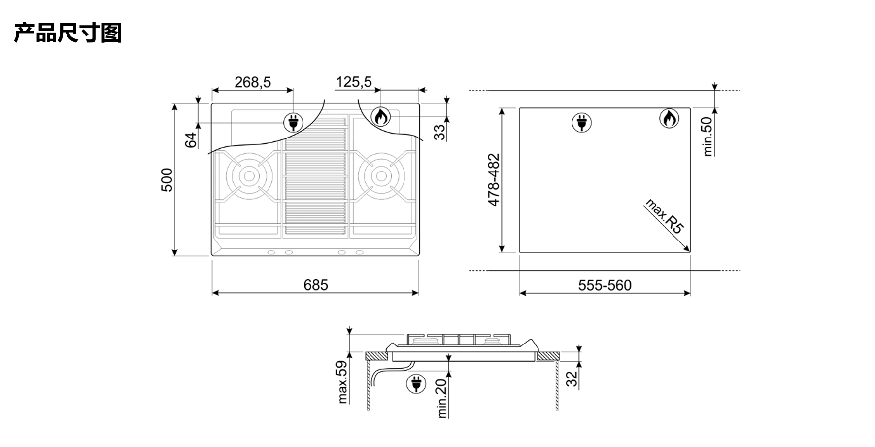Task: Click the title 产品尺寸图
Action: coord(67,33)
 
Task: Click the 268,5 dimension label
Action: coord(253,82)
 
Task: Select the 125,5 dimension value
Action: coord(354,82)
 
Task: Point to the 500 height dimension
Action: coord(168,180)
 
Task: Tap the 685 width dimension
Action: coord(316,285)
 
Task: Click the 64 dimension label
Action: coord(191,139)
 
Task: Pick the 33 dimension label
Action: coord(439,132)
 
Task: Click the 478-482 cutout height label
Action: coord(494,180)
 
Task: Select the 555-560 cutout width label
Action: coord(605,285)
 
